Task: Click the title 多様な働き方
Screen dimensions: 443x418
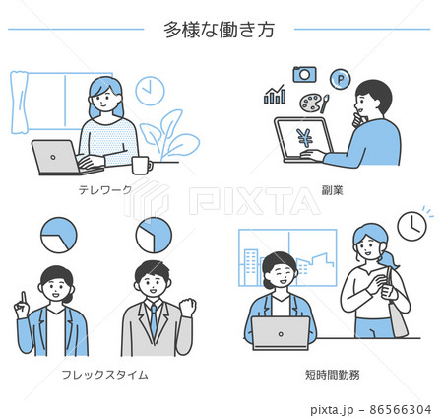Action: pyautogui.click(x=219, y=30)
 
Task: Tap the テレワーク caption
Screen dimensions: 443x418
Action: pyautogui.click(x=105, y=189)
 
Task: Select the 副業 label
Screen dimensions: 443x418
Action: pyautogui.click(x=332, y=190)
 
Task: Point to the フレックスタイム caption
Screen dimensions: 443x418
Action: pyautogui.click(x=105, y=375)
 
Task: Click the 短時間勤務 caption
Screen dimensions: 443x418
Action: pyautogui.click(x=333, y=375)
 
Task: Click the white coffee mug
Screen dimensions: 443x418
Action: pyautogui.click(x=142, y=166)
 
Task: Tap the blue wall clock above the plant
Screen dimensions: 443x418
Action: pyautogui.click(x=150, y=91)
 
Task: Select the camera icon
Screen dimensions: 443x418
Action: pyautogui.click(x=305, y=74)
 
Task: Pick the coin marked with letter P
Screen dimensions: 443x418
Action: pyautogui.click(x=341, y=79)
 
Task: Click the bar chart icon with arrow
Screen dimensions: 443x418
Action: pyautogui.click(x=275, y=95)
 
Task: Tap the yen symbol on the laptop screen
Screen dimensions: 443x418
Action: pyautogui.click(x=305, y=137)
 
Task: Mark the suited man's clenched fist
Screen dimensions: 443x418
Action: pyautogui.click(x=188, y=307)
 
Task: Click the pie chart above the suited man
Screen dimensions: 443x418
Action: pyautogui.click(x=154, y=236)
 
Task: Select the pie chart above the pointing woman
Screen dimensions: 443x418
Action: pyautogui.click(x=59, y=236)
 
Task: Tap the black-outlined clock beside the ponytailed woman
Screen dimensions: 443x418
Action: pyautogui.click(x=411, y=226)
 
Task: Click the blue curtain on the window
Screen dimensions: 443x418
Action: pyautogui.click(x=19, y=103)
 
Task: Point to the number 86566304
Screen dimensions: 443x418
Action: pyautogui.click(x=401, y=410)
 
